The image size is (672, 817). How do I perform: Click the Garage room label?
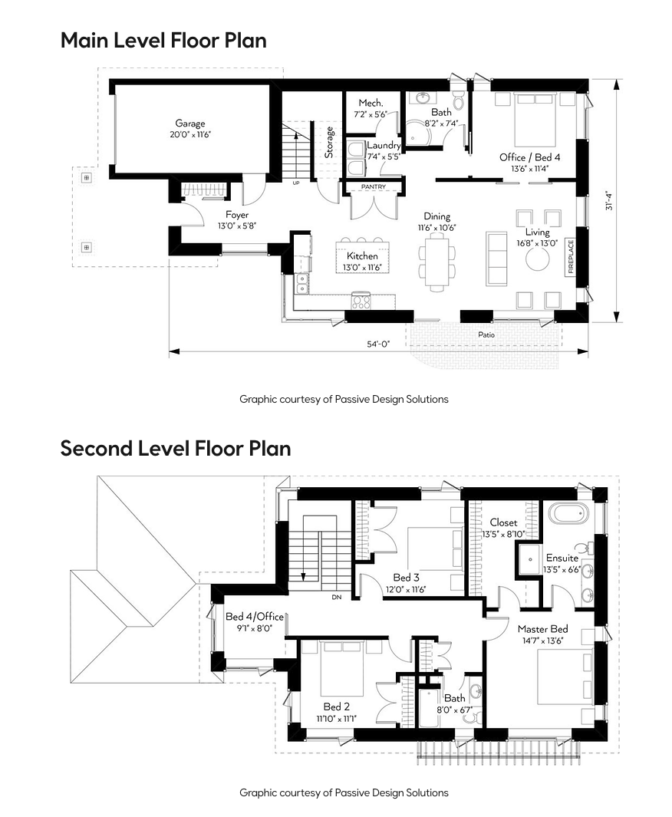tap(189, 124)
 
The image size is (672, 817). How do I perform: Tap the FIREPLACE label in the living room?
tap(571, 256)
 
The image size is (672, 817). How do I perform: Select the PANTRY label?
tap(374, 186)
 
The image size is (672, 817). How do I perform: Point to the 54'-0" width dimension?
tap(378, 344)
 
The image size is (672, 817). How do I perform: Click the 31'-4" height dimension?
tap(609, 200)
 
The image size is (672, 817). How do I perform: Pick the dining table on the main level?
tap(436, 261)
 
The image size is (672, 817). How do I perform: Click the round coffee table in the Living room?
tap(537, 259)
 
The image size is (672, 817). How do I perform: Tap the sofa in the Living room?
tap(496, 259)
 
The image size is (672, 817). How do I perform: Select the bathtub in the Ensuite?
tap(569, 514)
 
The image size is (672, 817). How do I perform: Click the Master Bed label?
tap(542, 629)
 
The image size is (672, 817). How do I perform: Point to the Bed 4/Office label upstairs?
tap(254, 617)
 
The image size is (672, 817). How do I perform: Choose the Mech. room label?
tap(371, 103)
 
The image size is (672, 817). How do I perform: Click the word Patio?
tap(486, 334)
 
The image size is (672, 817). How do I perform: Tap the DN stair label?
tap(337, 597)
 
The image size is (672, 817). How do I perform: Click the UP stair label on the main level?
tap(296, 183)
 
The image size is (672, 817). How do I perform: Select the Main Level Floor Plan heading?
tap(163, 41)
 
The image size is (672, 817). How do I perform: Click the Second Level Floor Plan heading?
tap(176, 449)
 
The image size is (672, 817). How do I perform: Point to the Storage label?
tap(328, 142)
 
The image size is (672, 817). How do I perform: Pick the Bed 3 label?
tap(406, 578)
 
